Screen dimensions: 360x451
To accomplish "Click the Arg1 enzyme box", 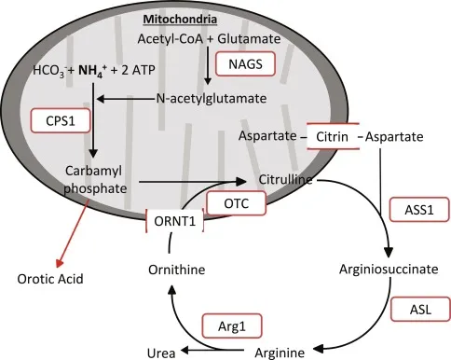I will pyautogui.click(x=227, y=325).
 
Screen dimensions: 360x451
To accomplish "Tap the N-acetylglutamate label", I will pyautogui.click(x=204, y=98).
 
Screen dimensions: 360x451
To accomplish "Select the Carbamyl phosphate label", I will pyautogui.click(x=97, y=179).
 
